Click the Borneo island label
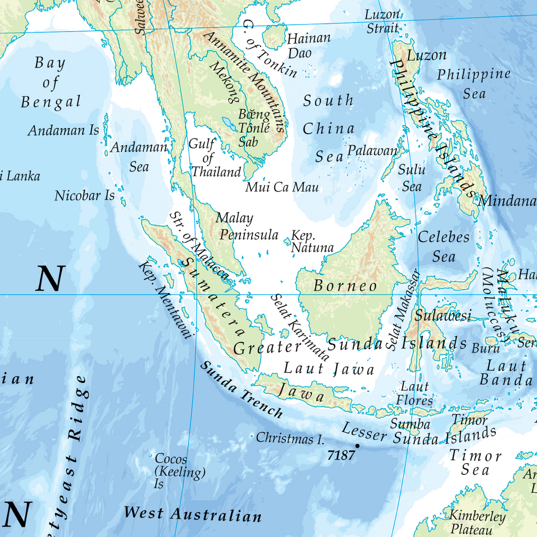[x=345, y=286]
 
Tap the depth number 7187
[x=341, y=455]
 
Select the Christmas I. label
[x=290, y=438]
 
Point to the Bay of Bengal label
[x=51, y=82]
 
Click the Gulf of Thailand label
[x=216, y=158]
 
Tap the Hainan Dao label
[x=308, y=46]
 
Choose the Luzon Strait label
[x=382, y=22]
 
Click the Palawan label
[x=373, y=151]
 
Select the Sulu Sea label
[x=412, y=178]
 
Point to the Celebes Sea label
[x=444, y=246]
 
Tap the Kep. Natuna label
[x=312, y=241]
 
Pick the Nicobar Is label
[x=84, y=196]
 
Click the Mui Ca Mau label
[x=282, y=187]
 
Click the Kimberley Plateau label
[x=477, y=522]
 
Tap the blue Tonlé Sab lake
[x=229, y=124]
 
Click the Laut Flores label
[x=414, y=393]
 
